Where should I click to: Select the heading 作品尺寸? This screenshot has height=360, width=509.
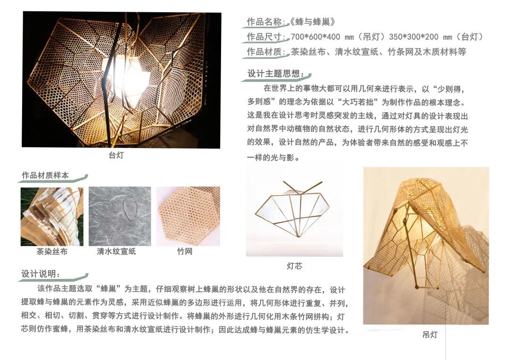[x=265, y=37]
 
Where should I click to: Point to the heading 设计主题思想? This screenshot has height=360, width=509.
[x=276, y=74]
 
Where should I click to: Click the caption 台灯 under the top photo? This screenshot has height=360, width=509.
[x=116, y=155]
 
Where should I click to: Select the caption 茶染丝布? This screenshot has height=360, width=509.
[x=52, y=252]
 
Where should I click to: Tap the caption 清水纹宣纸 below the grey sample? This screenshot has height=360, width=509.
[x=116, y=252]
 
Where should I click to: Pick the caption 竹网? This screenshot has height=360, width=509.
[x=185, y=252]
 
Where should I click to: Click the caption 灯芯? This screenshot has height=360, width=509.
[x=295, y=266]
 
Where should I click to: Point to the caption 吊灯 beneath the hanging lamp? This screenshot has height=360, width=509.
[x=430, y=335]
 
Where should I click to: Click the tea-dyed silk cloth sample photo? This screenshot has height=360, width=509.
[x=52, y=216]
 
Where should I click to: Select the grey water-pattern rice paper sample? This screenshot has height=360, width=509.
[x=120, y=216]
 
